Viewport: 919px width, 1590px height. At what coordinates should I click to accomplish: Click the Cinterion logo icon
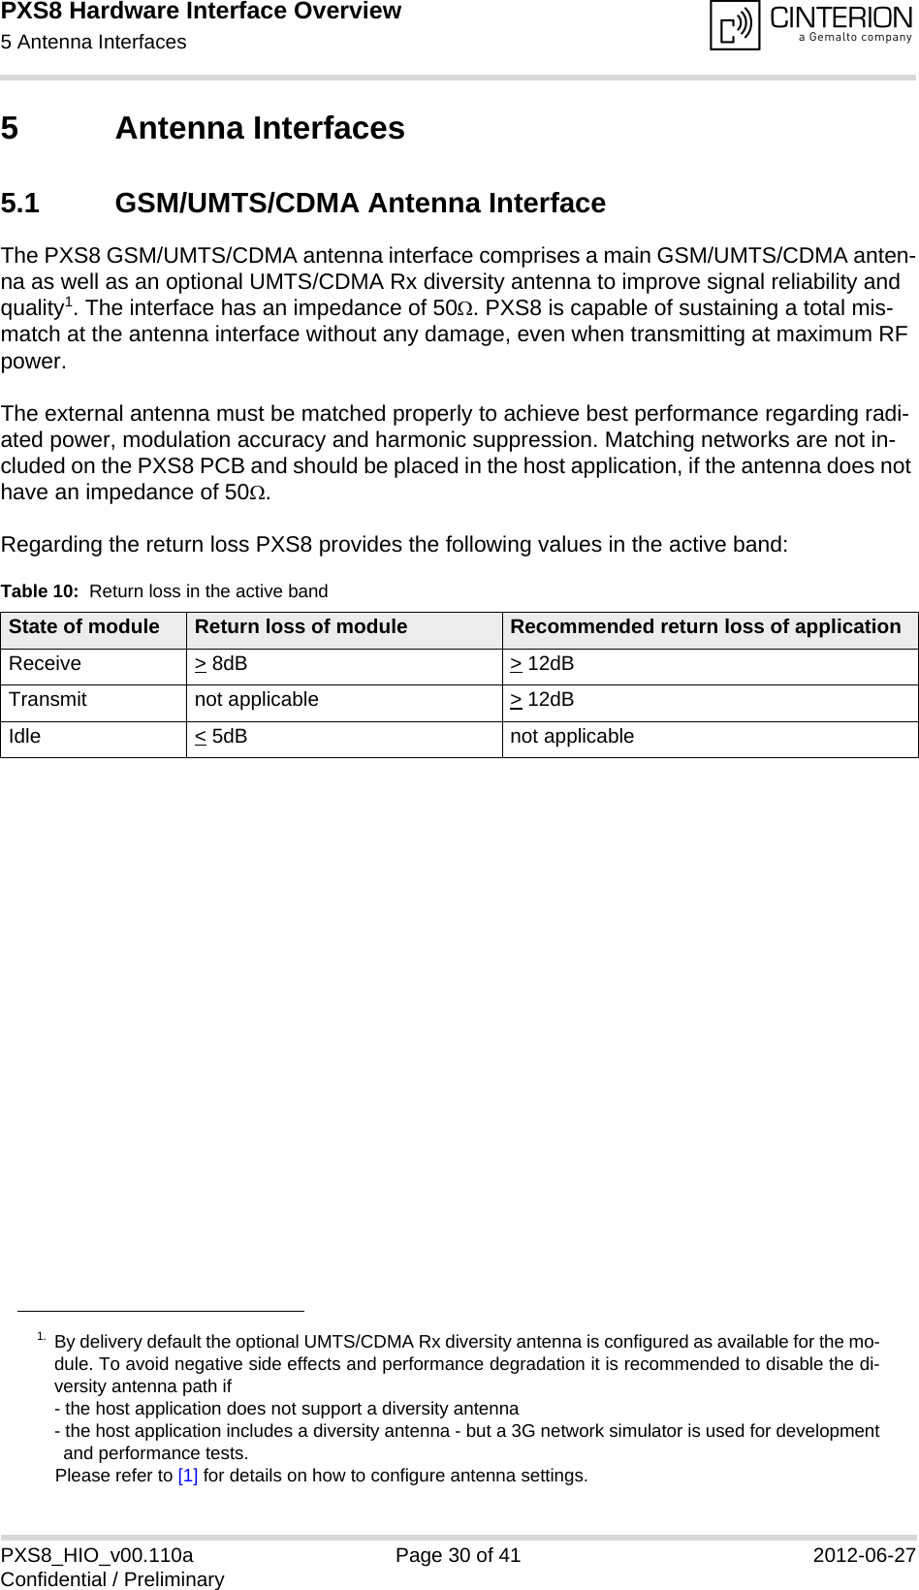pos(736,26)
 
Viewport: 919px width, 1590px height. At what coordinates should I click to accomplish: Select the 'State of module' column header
pos(84,627)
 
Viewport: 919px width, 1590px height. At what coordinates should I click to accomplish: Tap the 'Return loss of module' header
pos(301,627)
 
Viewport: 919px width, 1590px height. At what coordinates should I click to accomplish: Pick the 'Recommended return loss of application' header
pos(705,627)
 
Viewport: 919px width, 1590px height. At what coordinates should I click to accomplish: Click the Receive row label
pos(46,664)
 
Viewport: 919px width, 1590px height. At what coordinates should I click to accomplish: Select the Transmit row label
pos(48,700)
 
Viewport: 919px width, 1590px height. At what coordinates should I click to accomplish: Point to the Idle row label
pos(25,736)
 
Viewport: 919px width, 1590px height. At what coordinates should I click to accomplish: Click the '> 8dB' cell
pos(221,664)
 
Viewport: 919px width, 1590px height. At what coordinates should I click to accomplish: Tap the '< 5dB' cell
pos(221,736)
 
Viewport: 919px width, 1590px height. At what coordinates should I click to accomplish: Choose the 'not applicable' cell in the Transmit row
pos(256,700)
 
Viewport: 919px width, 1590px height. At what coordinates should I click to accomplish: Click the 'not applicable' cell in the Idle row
pos(572,736)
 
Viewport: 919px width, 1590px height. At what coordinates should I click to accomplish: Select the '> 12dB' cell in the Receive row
pos(542,664)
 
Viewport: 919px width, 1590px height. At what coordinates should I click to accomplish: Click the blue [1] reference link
pos(188,1476)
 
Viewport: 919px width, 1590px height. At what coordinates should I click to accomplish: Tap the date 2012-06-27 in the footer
pos(864,1556)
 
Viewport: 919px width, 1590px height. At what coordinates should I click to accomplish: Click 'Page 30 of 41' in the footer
pos(459,1556)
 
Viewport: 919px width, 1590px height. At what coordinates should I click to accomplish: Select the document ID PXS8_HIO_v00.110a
pos(97,1556)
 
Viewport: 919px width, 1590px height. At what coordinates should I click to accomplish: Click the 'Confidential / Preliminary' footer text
pos(112,1579)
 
